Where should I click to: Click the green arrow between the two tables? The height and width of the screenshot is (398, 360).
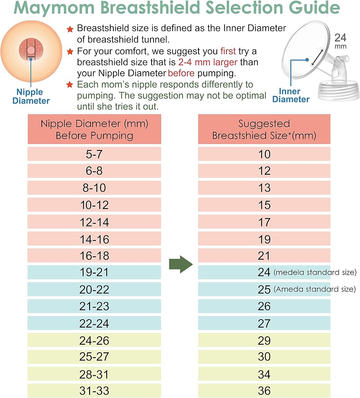(181, 264)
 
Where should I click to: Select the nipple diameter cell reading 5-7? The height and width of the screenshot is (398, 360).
(94, 154)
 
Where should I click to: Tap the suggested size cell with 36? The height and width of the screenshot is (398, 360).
(264, 391)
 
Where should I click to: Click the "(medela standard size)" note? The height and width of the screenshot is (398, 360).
(315, 272)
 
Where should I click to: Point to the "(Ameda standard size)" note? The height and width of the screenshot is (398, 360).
(315, 289)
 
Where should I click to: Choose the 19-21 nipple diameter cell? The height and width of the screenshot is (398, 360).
(94, 272)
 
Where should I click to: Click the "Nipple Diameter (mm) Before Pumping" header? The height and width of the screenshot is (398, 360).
(94, 129)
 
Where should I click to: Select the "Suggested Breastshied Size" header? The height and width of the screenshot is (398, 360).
(264, 129)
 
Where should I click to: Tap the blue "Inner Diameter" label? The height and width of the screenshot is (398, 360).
(291, 95)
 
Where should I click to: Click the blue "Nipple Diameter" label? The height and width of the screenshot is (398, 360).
(31, 96)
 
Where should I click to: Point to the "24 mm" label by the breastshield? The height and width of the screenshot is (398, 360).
(341, 41)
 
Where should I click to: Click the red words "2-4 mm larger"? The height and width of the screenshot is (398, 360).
(208, 62)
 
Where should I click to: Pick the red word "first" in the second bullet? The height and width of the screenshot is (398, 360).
(228, 51)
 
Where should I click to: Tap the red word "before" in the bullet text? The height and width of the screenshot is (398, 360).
(181, 73)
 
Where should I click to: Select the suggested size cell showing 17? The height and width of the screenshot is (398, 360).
(264, 222)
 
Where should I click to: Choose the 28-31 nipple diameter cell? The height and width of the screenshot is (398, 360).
(94, 374)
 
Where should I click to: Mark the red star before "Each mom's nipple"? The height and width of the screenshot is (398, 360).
(70, 84)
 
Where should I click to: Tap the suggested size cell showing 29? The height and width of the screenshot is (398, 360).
(264, 340)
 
